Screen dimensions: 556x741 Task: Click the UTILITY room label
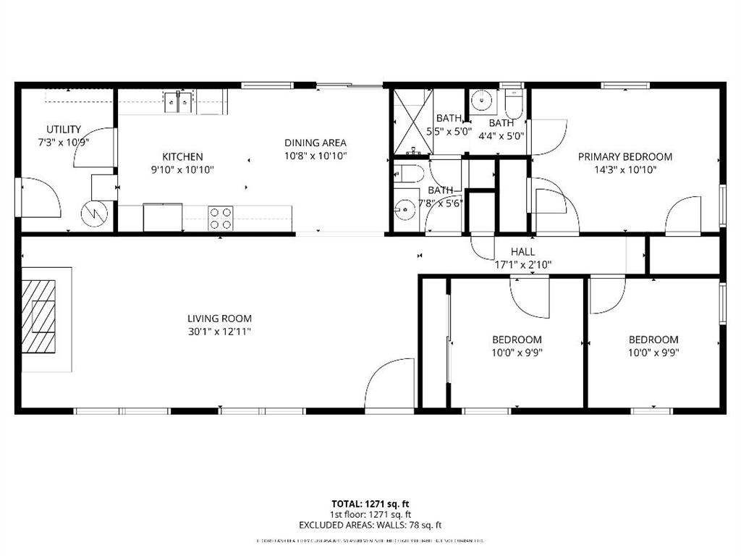point(64,130)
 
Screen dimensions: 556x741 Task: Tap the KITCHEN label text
point(182,156)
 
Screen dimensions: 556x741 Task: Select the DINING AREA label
point(315,143)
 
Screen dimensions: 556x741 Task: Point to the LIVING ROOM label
point(219,319)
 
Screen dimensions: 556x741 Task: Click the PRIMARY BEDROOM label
point(624,156)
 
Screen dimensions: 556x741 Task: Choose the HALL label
point(522,251)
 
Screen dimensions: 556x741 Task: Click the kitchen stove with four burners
point(221,218)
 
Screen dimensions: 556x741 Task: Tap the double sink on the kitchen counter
point(177,101)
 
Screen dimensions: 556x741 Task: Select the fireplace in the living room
point(41,316)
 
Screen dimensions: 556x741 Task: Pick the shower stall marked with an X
point(412,121)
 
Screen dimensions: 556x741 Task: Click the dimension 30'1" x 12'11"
point(219,332)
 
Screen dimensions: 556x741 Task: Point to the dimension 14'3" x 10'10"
point(624,170)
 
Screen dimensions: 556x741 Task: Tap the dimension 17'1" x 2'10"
point(522,264)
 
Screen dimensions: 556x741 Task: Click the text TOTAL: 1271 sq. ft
point(370,504)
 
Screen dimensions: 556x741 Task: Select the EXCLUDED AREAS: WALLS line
point(370,526)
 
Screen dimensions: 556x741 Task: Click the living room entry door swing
point(391,386)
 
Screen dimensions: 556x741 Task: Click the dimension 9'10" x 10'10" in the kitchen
point(182,170)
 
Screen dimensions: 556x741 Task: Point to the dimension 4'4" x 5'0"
point(501,135)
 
